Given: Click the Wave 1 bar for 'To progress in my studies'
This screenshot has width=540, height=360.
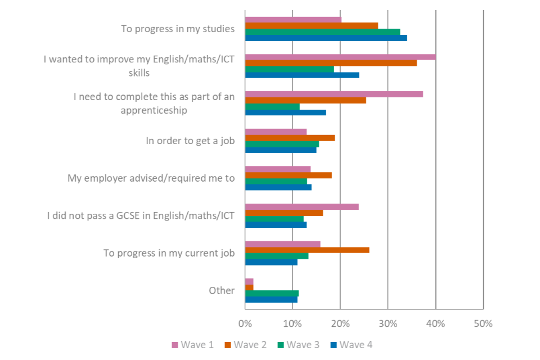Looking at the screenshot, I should point(293,20).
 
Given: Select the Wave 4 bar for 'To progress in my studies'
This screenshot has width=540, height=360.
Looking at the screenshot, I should point(326,38).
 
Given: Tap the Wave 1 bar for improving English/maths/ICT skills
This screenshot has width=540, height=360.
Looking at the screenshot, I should point(340,57).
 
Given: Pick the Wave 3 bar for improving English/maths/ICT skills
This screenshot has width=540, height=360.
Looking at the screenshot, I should point(290,69).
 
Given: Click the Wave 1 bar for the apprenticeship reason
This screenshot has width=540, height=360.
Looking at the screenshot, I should point(334,94).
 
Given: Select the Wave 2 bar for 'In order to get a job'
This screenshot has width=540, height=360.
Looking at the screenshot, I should point(290,138).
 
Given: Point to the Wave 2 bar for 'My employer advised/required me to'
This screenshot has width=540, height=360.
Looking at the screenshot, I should point(289,175).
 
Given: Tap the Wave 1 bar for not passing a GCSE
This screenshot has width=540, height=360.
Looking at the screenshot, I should point(302,206).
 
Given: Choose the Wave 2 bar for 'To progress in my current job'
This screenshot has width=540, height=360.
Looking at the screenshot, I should point(307,250).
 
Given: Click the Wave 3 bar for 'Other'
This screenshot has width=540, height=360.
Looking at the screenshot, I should point(272,293).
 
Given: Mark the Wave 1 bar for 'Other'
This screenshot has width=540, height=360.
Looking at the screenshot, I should point(249,281).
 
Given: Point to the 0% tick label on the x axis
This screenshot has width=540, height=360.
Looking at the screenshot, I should point(245,323).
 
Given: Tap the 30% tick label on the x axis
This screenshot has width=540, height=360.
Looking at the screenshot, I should point(388,323).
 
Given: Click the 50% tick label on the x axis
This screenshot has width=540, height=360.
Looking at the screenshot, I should point(483,323).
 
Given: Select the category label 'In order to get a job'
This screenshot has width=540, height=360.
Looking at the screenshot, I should point(190,141).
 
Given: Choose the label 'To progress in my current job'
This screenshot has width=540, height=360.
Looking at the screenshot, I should point(169,253).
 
